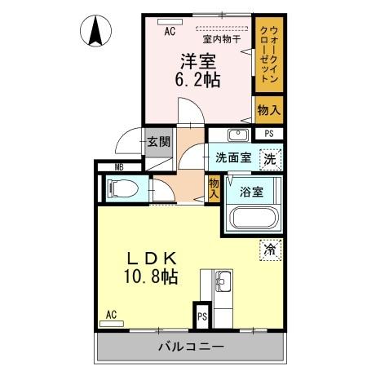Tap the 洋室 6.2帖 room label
point(199,71)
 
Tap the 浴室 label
point(251,192)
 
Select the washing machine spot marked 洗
point(270,159)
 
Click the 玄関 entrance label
point(158,142)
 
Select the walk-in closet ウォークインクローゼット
point(267,55)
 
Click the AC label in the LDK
point(111,315)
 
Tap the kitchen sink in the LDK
point(223,285)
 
